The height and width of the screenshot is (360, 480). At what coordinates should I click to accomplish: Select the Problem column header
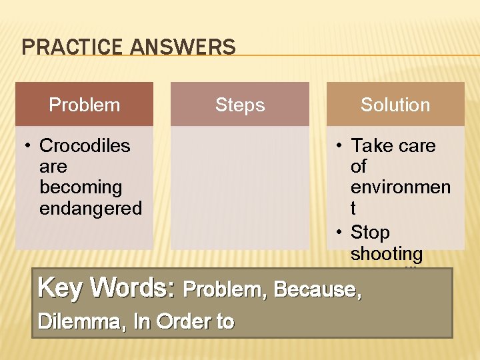click(85, 105)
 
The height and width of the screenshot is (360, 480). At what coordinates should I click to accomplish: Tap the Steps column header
click(240, 105)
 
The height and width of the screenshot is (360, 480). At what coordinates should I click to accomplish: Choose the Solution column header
click(395, 105)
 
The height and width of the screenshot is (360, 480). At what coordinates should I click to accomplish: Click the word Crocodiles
click(85, 145)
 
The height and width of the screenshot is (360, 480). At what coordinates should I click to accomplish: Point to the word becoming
click(81, 187)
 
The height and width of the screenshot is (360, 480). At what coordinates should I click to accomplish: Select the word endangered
click(91, 209)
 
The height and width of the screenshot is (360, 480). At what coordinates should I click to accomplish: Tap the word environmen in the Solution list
click(400, 187)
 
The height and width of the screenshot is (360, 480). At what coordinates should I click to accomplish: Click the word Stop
click(370, 232)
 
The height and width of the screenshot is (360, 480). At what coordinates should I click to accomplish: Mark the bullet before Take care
click(339, 146)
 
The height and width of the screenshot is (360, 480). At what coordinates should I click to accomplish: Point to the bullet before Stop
click(339, 233)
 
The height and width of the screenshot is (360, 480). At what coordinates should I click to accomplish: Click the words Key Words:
click(107, 288)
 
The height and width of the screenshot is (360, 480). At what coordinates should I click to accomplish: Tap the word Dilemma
click(81, 322)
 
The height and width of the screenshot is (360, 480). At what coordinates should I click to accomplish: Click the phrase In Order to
click(184, 322)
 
